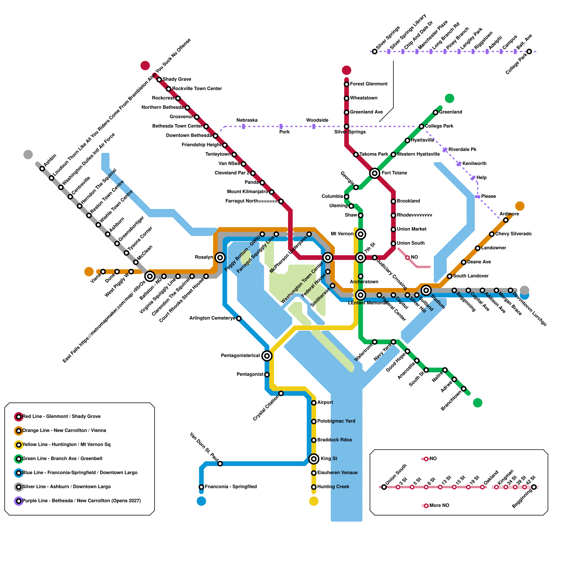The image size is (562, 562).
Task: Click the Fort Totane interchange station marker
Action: click(374, 173)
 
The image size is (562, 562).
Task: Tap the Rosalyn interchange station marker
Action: click(220, 257)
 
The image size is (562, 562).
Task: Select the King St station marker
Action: click(314, 459)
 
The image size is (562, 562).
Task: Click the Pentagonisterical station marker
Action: click(267, 356)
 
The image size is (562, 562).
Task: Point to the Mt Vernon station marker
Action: click(360, 234)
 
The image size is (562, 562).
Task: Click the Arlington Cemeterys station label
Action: click(212, 318)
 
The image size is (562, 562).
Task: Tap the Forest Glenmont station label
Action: click(368, 84)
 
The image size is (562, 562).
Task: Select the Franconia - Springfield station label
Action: click(231, 487)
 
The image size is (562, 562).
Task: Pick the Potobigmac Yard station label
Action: click(336, 421)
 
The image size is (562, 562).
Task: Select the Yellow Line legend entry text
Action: click(66, 445)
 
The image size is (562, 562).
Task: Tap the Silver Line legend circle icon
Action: click(19, 487)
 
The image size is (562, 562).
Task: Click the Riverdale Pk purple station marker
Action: click(445, 150)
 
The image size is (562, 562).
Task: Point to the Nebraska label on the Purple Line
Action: click(247, 120)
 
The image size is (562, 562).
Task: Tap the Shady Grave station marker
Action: click(159, 80)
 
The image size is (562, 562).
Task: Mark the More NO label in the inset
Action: click(439, 505)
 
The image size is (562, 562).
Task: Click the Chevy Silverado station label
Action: click(513, 234)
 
